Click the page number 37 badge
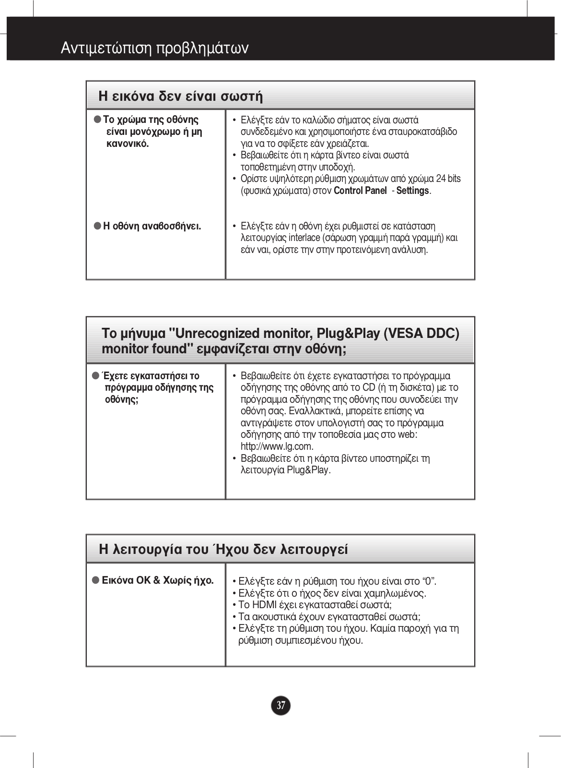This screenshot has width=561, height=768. pos(281,705)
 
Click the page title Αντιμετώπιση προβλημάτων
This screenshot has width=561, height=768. pos(154,48)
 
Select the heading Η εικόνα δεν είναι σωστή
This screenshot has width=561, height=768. pos(180,96)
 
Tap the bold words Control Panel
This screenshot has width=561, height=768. pos(360,191)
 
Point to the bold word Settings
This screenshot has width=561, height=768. pos(412,191)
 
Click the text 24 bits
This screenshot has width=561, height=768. pos(448,179)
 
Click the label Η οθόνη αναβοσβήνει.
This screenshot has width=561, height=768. pos(152,226)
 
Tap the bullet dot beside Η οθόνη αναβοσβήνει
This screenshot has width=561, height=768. pos(97,225)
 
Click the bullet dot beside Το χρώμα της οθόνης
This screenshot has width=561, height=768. pos(97,119)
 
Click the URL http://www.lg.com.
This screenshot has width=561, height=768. pos(277,446)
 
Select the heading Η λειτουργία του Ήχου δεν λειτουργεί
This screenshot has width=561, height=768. pos(223,549)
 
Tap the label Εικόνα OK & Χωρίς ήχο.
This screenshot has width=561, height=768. pos(158,580)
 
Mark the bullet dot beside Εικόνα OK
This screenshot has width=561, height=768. pos(95,580)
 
